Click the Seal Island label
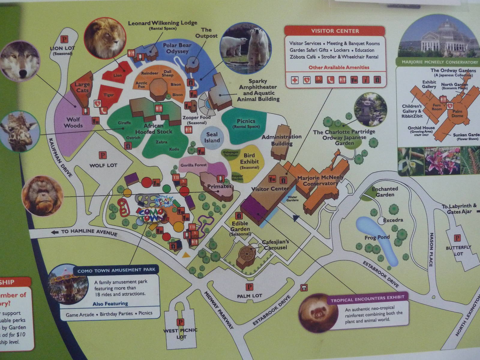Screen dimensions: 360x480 (x=212, y=137)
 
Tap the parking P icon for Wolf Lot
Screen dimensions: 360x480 (x=103, y=155)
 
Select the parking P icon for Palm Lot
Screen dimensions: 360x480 (x=249, y=287)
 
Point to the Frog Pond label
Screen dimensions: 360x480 (x=377, y=237)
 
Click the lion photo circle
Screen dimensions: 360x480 (x=105, y=38)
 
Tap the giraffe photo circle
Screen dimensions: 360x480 (x=19, y=131)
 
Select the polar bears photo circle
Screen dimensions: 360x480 (x=245, y=44)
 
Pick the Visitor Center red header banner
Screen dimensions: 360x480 (x=334, y=31)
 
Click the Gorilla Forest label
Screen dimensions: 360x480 (x=193, y=165)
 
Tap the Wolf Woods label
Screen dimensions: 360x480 (x=73, y=122)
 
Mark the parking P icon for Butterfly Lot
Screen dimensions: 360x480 (x=457, y=238)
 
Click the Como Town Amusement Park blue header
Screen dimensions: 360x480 (x=116, y=270)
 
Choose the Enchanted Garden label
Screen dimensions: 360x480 (x=385, y=192)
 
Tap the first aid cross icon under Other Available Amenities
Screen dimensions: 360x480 (x=295, y=80)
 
